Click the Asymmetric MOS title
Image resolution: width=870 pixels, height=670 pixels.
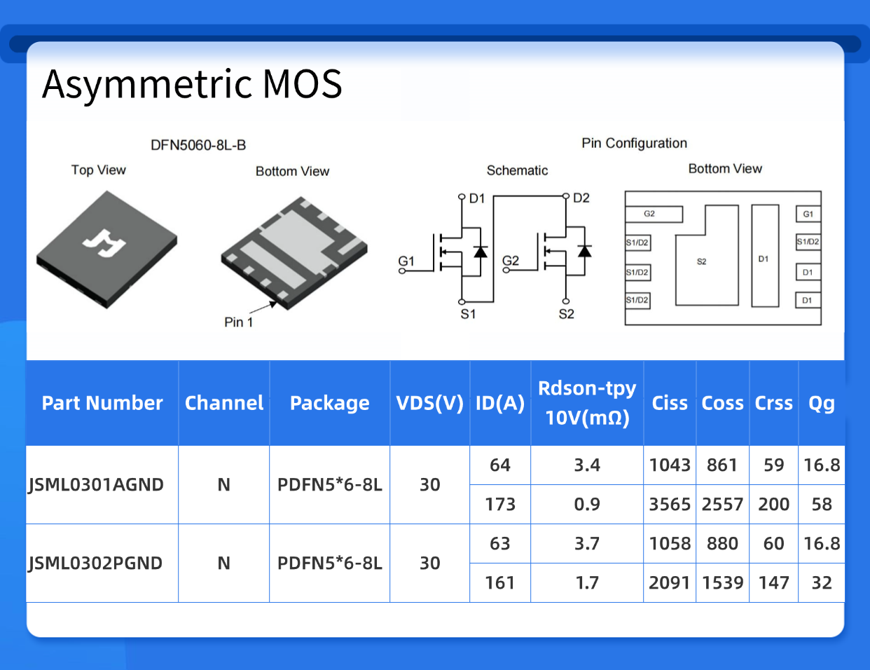point(192,84)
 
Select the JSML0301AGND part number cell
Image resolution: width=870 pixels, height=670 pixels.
point(96,485)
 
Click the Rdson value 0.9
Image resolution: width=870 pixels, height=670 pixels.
point(587,505)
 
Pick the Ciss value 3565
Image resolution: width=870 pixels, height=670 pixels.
point(670,505)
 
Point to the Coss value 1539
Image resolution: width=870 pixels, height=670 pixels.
point(722,583)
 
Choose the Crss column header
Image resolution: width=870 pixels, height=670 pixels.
point(773,403)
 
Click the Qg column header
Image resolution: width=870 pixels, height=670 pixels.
point(822,403)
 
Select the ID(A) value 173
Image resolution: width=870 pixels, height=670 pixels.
point(500,505)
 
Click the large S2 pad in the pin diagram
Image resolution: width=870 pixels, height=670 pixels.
point(702,261)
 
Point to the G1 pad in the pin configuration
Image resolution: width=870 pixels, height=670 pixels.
point(808,214)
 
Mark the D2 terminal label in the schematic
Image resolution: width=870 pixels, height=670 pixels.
point(581,198)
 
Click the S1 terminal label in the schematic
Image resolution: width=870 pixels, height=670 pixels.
point(468,314)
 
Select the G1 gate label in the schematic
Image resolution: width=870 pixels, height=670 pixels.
point(406,261)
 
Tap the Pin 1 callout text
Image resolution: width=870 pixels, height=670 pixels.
point(238,322)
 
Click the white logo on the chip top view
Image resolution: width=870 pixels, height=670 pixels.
point(104,242)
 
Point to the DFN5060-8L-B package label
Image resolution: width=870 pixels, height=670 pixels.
point(198,146)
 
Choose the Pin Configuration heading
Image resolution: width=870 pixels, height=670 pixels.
point(634,143)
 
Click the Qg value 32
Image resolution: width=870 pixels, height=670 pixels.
point(822,583)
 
